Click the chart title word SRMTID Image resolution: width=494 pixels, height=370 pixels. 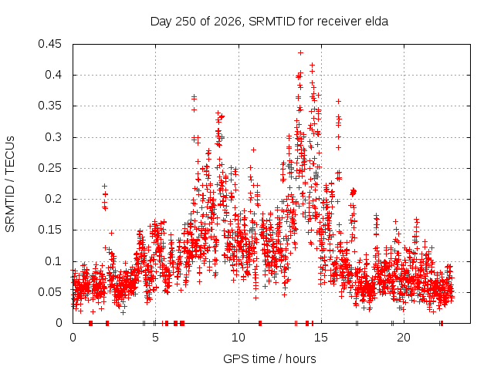click(272, 22)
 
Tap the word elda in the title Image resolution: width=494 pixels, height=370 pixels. click(377, 22)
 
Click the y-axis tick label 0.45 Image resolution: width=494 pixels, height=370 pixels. click(49, 44)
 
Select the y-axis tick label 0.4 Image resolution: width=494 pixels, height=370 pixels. click(53, 75)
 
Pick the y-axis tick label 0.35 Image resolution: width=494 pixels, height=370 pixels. click(49, 106)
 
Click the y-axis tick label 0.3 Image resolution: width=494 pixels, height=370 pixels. click(53, 137)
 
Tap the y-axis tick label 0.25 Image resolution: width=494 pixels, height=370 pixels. click(49, 168)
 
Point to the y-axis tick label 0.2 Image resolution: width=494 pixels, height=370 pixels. click(53, 199)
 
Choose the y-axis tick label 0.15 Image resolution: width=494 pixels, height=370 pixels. click(49, 230)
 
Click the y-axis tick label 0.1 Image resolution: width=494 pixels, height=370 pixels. click(53, 261)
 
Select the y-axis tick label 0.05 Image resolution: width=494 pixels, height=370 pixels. click(49, 292)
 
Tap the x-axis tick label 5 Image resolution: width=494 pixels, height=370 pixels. click(155, 338)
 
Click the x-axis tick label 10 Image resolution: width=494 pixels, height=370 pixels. click(239, 338)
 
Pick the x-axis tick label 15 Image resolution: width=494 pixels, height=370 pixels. click(321, 338)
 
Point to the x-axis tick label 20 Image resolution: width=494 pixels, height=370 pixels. click(404, 338)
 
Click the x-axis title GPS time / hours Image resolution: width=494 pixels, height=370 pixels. click(269, 359)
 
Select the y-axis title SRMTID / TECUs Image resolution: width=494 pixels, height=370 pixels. click(10, 184)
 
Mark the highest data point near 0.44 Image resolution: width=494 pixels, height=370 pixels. click(300, 53)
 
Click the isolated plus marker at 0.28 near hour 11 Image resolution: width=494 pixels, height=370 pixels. click(253, 150)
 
